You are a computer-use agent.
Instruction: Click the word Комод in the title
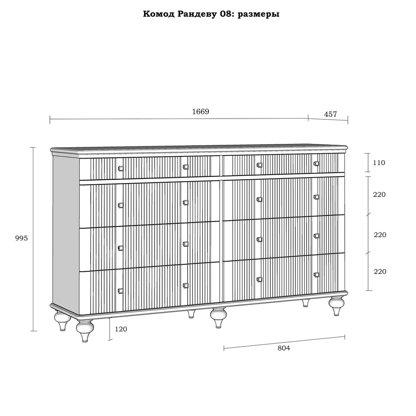tap(158, 14)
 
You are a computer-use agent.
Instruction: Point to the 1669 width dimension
tap(201, 111)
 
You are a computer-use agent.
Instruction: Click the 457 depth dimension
tap(330, 114)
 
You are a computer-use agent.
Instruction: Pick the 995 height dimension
tap(22, 238)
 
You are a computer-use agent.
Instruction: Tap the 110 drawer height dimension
tap(379, 163)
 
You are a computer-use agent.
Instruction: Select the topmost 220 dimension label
tap(379, 194)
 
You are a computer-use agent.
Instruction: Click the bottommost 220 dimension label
tap(380, 271)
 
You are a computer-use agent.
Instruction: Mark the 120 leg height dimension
tap(121, 329)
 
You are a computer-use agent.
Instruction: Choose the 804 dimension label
tap(284, 348)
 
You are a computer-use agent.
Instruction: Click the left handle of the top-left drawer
tap(121, 168)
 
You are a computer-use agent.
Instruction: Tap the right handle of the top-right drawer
tap(316, 163)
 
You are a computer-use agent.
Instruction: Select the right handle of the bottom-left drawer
tap(186, 285)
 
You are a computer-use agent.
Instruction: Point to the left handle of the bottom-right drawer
tap(260, 280)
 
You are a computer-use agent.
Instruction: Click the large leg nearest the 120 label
tap(85, 331)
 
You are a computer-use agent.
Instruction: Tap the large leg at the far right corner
tap(337, 306)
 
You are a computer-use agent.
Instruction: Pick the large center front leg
tap(218, 317)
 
